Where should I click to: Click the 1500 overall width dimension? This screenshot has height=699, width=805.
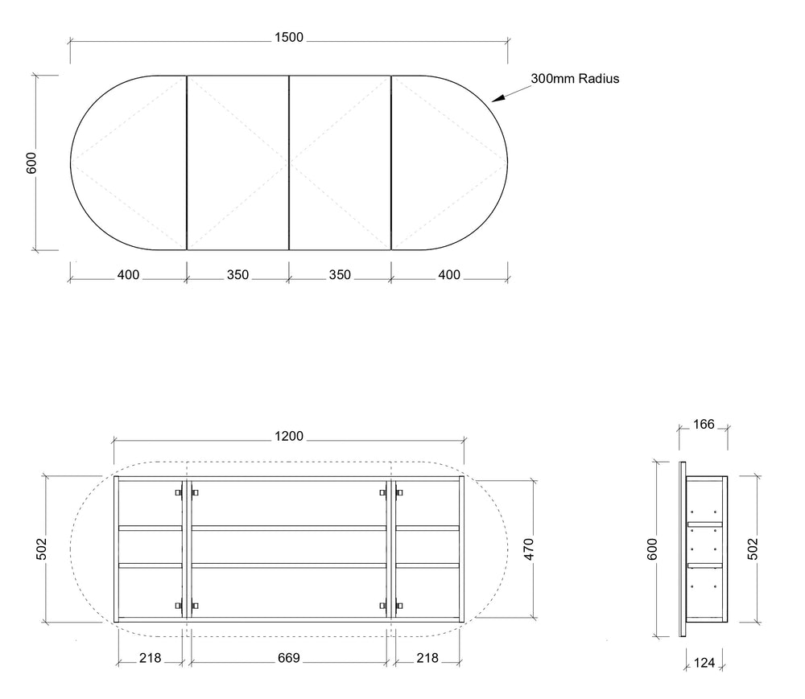tap(288, 38)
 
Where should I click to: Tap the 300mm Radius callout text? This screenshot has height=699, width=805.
tap(575, 79)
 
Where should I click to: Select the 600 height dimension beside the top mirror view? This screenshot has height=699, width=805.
tap(31, 162)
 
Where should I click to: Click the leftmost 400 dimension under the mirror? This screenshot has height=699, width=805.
tap(128, 275)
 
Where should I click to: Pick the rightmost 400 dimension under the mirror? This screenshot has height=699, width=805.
tap(448, 275)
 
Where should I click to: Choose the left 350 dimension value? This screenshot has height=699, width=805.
tap(237, 275)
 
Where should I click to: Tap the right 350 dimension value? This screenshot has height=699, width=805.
tap(340, 275)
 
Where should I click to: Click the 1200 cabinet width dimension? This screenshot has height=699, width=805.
tap(288, 437)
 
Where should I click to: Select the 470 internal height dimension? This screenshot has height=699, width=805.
tap(529, 549)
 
